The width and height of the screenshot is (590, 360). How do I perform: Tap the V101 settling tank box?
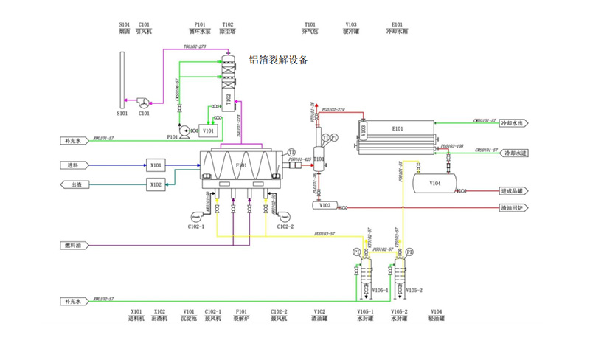pos(209,131)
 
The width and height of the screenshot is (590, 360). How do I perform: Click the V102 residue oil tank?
pos(324,205)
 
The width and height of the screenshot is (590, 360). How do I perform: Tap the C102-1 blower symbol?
pos(197,217)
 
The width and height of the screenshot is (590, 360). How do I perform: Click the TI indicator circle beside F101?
pos(291,152)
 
